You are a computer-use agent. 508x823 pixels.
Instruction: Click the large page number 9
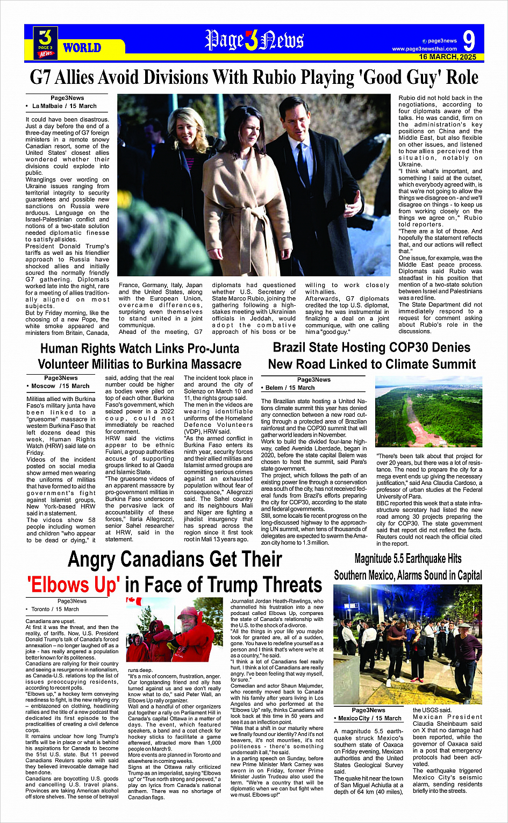(469, 41)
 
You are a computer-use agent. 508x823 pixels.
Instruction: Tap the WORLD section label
(82, 48)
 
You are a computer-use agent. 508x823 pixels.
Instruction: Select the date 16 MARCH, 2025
(447, 57)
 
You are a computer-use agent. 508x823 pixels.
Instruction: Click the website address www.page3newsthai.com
(424, 49)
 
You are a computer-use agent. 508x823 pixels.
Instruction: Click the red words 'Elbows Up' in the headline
(74, 584)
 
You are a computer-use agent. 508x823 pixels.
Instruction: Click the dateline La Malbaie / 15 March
(65, 106)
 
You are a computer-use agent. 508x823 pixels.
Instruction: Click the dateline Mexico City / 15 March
(370, 718)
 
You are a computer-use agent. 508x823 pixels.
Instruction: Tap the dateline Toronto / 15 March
(55, 609)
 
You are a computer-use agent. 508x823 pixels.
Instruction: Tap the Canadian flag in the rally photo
(133, 601)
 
